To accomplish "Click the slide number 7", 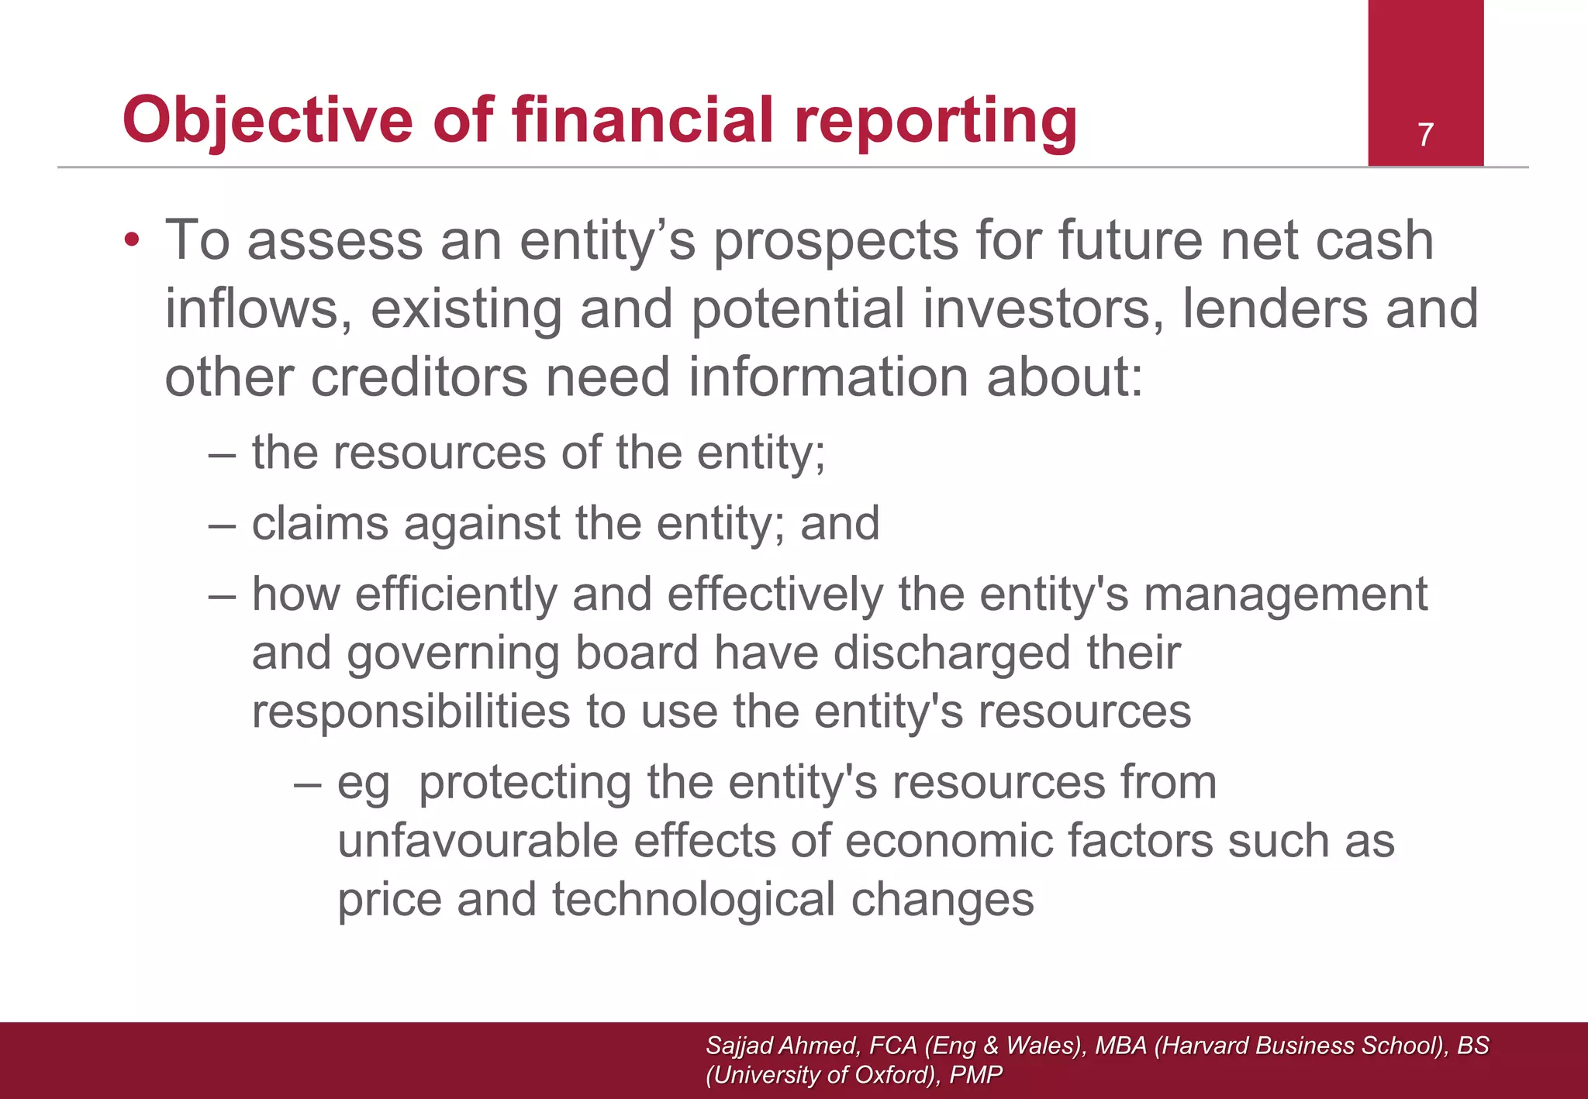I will [1425, 135].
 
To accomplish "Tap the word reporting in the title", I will [936, 120].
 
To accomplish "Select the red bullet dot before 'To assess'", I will [133, 239].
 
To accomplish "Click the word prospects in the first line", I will [836, 240].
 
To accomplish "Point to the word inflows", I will [253, 308].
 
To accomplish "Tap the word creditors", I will [419, 377].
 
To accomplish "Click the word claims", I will [319, 523].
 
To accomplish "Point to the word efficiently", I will [456, 594].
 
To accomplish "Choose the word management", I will [1285, 596].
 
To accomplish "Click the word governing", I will [452, 653].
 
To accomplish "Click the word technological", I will [692, 900].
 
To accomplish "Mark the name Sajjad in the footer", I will [738, 1046].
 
